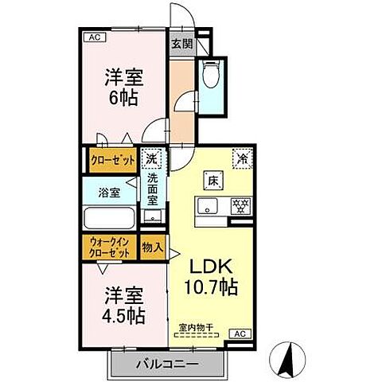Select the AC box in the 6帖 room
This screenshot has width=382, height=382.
tap(95, 37)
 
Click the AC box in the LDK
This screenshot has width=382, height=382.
tap(240, 333)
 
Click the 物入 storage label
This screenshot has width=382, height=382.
tap(152, 248)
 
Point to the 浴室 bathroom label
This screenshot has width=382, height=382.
tap(110, 192)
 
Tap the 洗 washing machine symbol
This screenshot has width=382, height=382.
tap(151, 159)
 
